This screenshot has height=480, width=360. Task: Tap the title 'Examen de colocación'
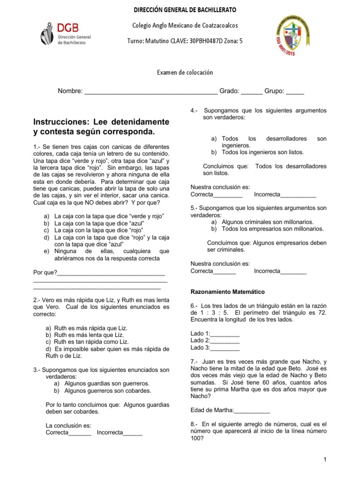pos(185,72)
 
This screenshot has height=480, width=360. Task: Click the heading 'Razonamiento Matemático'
pos(227,292)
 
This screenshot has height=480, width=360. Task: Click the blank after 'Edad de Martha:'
pos(252,410)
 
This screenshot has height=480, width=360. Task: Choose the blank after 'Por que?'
pos(111,273)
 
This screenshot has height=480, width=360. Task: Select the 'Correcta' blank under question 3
pos(80,433)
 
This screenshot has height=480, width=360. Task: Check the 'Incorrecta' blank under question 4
pos(298,195)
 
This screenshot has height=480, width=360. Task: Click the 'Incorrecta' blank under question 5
pos(293,271)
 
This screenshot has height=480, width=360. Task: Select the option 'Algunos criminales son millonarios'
pos(268,222)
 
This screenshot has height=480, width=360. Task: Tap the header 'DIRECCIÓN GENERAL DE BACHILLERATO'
pos(185,10)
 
